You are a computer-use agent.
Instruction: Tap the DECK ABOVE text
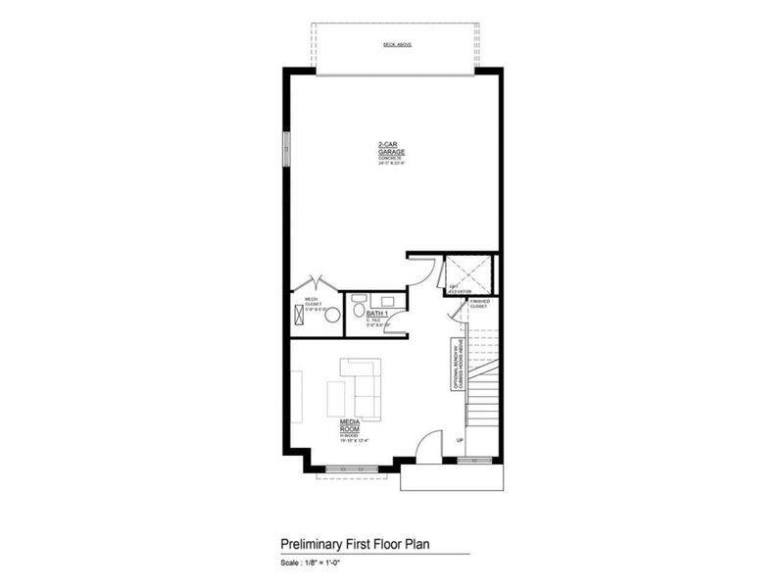(x=396, y=45)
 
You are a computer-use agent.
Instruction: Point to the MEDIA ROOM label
(x=350, y=429)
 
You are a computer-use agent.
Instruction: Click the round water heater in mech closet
(x=332, y=315)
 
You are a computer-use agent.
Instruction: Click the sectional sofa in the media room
(x=364, y=386)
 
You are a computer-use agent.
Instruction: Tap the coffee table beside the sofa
(x=336, y=399)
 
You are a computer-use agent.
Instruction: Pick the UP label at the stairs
(x=459, y=441)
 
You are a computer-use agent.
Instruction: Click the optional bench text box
(x=456, y=367)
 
